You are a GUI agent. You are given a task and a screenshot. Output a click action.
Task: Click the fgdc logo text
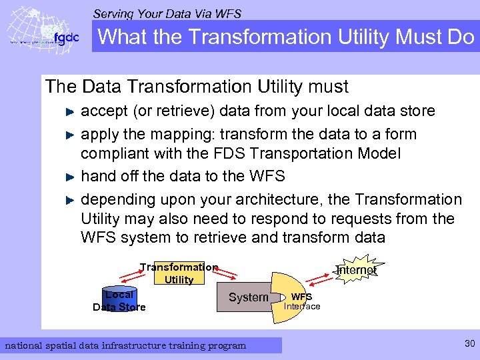[65, 37]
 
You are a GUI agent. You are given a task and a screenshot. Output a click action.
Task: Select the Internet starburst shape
[356, 269]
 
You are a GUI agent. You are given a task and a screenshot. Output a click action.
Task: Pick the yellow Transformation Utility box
[179, 273]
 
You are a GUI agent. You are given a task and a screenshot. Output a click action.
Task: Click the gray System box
[248, 297]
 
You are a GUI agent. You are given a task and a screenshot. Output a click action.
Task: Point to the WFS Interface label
[302, 301]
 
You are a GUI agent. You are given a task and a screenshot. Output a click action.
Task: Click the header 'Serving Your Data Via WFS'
[167, 13]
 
